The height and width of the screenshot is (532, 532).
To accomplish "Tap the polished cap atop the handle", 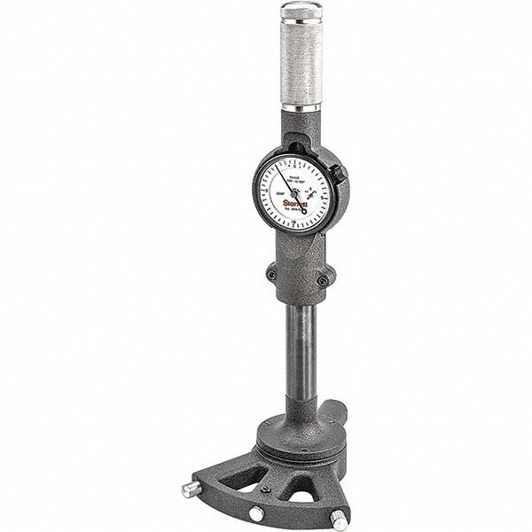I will (301, 12).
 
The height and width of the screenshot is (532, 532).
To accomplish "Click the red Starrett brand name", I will (295, 203).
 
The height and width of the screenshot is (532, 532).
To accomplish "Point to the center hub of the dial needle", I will (293, 192).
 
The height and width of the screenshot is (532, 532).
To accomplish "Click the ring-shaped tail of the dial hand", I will (302, 209).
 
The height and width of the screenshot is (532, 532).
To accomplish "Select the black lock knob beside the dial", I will (338, 175).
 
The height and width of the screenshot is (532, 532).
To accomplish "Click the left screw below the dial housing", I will (271, 275).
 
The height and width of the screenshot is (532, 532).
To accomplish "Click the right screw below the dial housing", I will (323, 281).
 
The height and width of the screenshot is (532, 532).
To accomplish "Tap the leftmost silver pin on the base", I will (190, 489).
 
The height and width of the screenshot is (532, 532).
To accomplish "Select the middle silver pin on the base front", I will (255, 512).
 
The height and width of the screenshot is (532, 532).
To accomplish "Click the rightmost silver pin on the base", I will (338, 520).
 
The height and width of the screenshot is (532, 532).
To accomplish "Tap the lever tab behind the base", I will (334, 411).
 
